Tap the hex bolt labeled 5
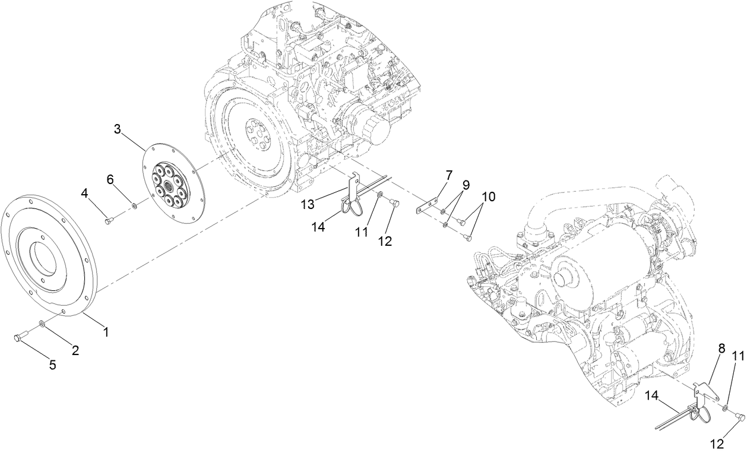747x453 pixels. tap(17, 338)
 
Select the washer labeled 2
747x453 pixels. tap(42, 324)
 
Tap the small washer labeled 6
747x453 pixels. tap(135, 206)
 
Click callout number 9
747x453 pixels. tap(466, 185)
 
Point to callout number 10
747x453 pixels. tap(489, 197)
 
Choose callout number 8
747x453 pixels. tap(721, 350)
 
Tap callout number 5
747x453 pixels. tap(52, 365)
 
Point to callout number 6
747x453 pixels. tap(110, 179)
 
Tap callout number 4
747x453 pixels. tap(86, 193)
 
